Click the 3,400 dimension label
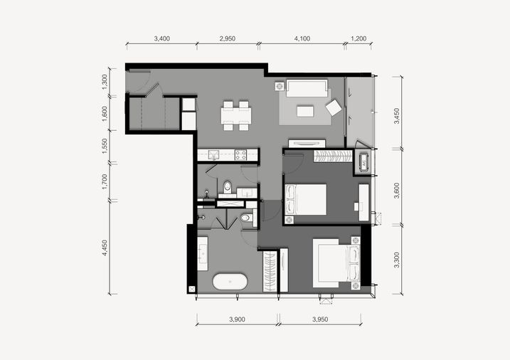pos(162,38)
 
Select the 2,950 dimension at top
pos(228,38)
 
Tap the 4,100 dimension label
pos(302,38)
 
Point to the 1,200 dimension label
pos(358,38)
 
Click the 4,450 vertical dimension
pos(105,248)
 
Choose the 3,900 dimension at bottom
pos(237,319)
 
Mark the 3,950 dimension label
pos(320,319)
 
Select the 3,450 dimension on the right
pos(396,116)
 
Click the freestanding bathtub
pos(230,282)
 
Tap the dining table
pos(236,116)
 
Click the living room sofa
pos(307,88)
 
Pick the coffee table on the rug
pos(305,110)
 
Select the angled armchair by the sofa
pos(334,107)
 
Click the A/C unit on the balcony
pos(364,162)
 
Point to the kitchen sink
pos(214,154)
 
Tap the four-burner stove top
pos(240,155)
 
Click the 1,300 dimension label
pos(105,82)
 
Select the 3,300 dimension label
pos(396,260)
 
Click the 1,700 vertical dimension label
pos(105,182)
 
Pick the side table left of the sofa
pos(280,87)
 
